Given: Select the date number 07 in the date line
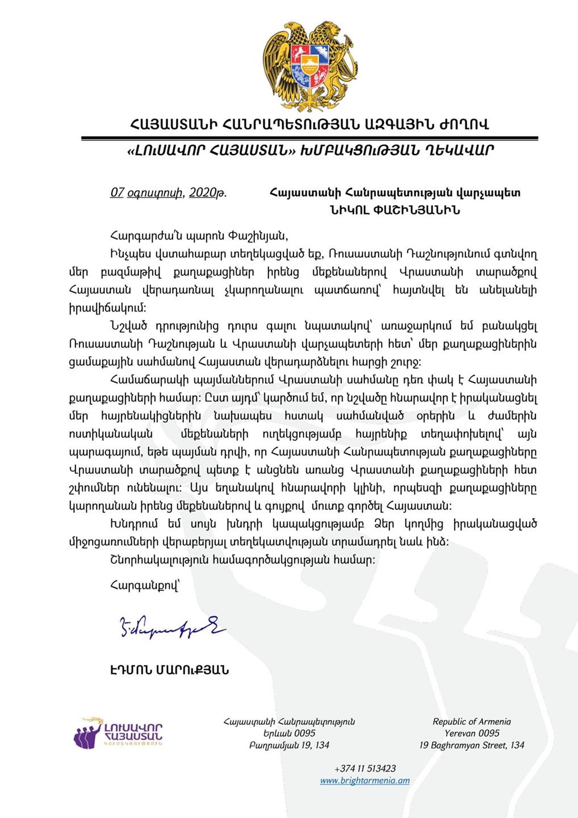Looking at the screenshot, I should pos(117,193).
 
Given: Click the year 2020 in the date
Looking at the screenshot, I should pos(203,193).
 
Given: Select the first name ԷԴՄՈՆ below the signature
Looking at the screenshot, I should pos(131,670).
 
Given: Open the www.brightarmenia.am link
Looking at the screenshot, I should pos(365,781).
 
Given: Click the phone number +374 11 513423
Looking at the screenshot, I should pos(365,769).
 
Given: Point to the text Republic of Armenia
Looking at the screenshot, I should pos(471,722).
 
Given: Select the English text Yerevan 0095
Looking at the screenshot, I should pos(471,733).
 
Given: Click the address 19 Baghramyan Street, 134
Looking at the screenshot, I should pos(471,745).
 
